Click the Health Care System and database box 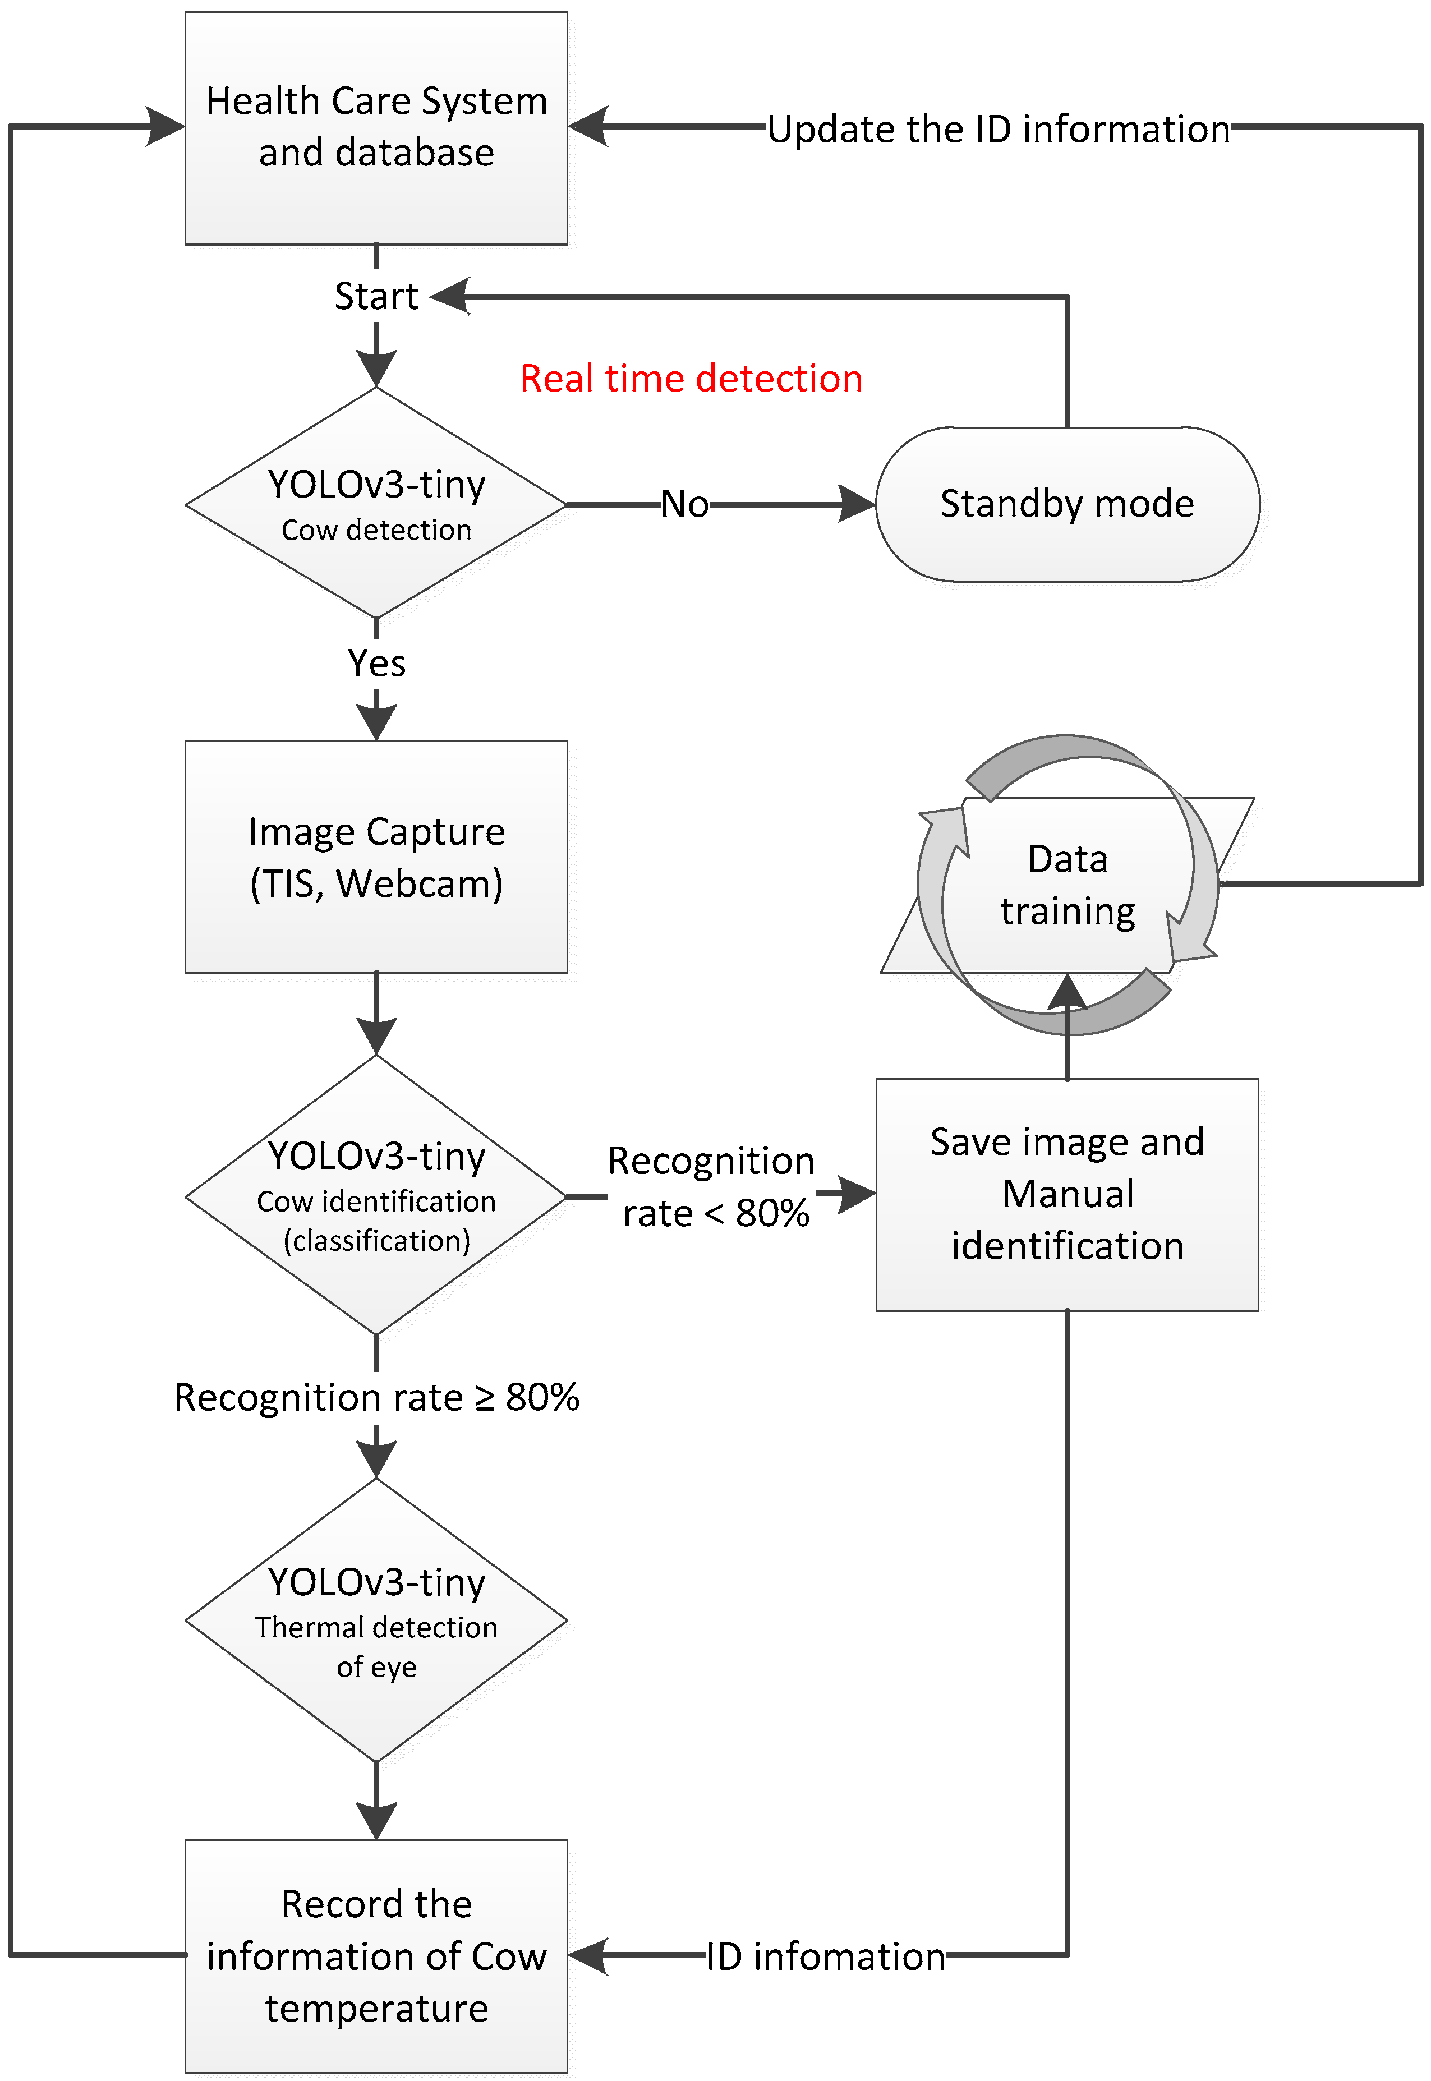(x=376, y=127)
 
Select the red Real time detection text (x=691, y=379)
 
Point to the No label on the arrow (x=684, y=504)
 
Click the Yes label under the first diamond (x=376, y=664)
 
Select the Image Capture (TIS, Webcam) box (x=376, y=857)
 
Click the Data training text (x=1067, y=885)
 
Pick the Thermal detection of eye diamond (x=376, y=1621)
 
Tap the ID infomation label (x=825, y=1957)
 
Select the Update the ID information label (x=998, y=129)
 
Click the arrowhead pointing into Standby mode (x=855, y=504)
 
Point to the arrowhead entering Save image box (x=856, y=1194)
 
